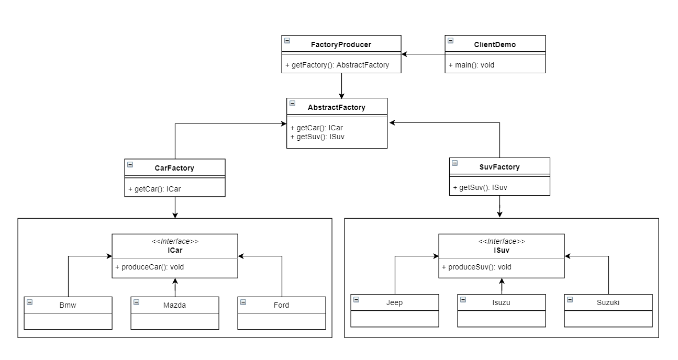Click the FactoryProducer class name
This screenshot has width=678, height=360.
(341, 44)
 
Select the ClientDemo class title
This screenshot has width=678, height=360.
(495, 44)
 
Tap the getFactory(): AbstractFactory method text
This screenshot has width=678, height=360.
(337, 65)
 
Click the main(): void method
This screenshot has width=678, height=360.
(471, 65)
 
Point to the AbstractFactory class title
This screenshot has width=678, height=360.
(337, 107)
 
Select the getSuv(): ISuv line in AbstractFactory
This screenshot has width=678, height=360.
(317, 137)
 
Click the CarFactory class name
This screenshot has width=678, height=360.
(174, 168)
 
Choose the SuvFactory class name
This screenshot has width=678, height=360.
(499, 167)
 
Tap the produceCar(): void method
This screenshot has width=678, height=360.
(149, 267)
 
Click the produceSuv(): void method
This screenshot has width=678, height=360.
(476, 267)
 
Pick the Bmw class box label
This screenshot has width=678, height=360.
(68, 305)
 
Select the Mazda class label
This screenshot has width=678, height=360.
(174, 305)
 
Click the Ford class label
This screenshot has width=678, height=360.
(281, 305)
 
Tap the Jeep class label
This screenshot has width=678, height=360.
(394, 302)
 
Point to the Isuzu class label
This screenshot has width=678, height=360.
(501, 302)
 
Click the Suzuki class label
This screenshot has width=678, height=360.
(608, 302)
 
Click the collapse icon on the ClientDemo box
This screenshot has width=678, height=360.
(451, 41)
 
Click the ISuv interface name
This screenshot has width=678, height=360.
(501, 250)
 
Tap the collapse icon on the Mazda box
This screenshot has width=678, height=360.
(136, 302)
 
